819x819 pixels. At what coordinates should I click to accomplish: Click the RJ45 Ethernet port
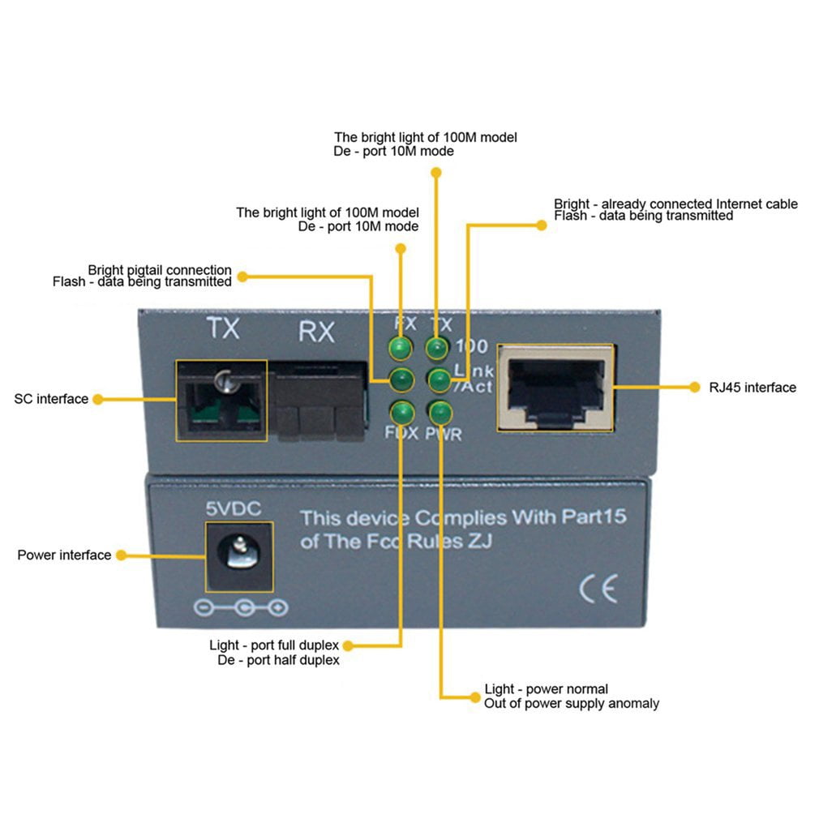click(x=556, y=388)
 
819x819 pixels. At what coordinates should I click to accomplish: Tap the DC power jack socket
click(x=238, y=556)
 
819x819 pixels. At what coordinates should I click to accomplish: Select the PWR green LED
click(x=439, y=412)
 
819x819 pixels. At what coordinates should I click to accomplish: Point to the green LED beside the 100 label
click(x=438, y=349)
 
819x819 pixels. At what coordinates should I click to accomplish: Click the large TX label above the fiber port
click(x=222, y=328)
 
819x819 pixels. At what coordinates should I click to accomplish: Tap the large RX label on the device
click(x=316, y=332)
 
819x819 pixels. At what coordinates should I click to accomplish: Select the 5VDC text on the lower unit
click(x=234, y=509)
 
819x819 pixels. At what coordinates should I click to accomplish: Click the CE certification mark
click(x=598, y=588)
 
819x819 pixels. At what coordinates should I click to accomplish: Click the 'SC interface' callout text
click(x=51, y=399)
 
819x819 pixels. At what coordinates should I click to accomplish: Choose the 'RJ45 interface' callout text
click(x=753, y=388)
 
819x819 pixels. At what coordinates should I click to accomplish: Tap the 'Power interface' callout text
click(x=64, y=555)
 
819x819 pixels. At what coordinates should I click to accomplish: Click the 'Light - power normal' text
click(x=546, y=689)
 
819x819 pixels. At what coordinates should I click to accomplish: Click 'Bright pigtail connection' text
click(x=160, y=270)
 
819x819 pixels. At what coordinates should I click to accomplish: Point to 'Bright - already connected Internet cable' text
click(x=675, y=204)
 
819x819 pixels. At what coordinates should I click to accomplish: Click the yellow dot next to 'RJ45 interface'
click(x=694, y=388)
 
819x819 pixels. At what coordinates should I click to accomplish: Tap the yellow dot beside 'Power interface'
click(x=121, y=555)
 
